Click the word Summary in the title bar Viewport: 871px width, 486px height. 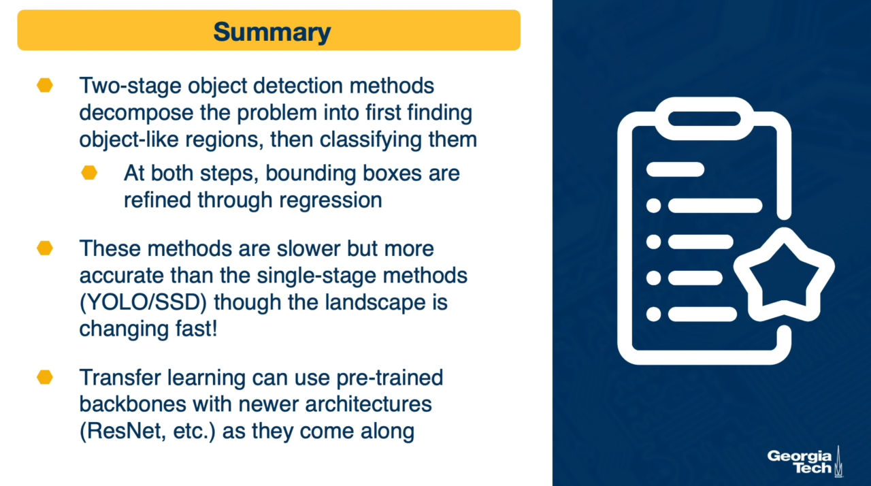click(x=272, y=32)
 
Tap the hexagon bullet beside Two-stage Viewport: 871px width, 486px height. click(x=45, y=85)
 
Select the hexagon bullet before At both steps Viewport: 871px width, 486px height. click(x=89, y=173)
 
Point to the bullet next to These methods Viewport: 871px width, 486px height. click(x=45, y=248)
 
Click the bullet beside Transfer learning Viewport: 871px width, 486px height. click(x=45, y=376)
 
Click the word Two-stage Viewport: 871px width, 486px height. click(x=130, y=86)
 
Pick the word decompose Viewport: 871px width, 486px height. click(x=136, y=113)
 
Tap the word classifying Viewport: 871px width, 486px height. click(x=371, y=140)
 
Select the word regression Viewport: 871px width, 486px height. click(x=331, y=201)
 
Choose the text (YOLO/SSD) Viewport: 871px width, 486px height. click(x=143, y=302)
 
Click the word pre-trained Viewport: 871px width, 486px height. click(x=390, y=378)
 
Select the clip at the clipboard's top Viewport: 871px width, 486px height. click(x=704, y=118)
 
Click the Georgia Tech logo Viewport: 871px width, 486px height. click(x=805, y=461)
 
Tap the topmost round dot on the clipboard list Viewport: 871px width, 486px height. click(x=653, y=206)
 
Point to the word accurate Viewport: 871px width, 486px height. click(x=122, y=276)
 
